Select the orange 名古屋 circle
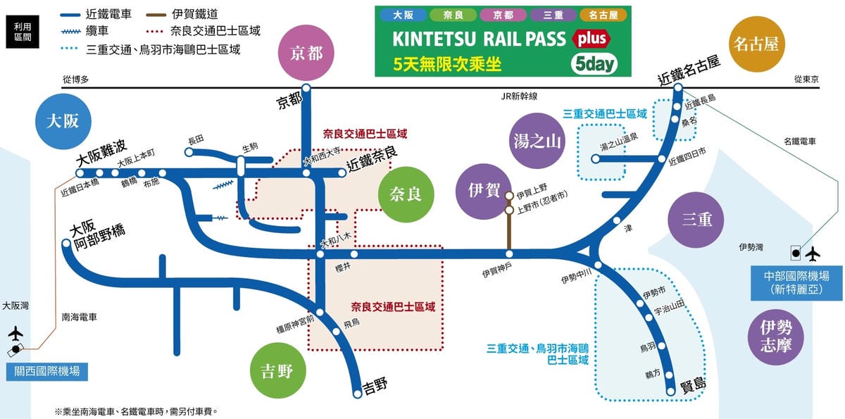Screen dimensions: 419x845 click(x=756, y=44)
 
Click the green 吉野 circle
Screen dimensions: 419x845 click(x=276, y=372)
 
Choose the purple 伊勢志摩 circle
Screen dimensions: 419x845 click(x=775, y=336)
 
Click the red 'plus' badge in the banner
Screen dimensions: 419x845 click(x=591, y=39)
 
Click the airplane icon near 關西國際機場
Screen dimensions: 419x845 click(x=15, y=332)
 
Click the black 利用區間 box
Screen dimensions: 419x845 click(x=23, y=31)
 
